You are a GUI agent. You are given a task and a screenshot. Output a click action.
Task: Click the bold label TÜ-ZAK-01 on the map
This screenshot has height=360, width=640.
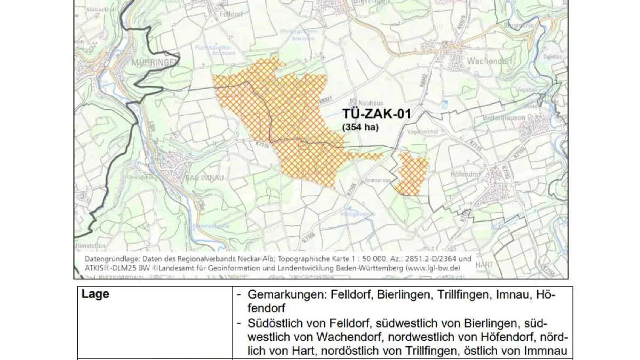pyautogui.click(x=375, y=114)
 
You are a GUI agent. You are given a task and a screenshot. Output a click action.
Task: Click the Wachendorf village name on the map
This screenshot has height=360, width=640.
pyautogui.click(x=489, y=61)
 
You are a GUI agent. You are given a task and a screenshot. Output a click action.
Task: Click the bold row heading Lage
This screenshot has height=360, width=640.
pyautogui.click(x=95, y=294)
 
